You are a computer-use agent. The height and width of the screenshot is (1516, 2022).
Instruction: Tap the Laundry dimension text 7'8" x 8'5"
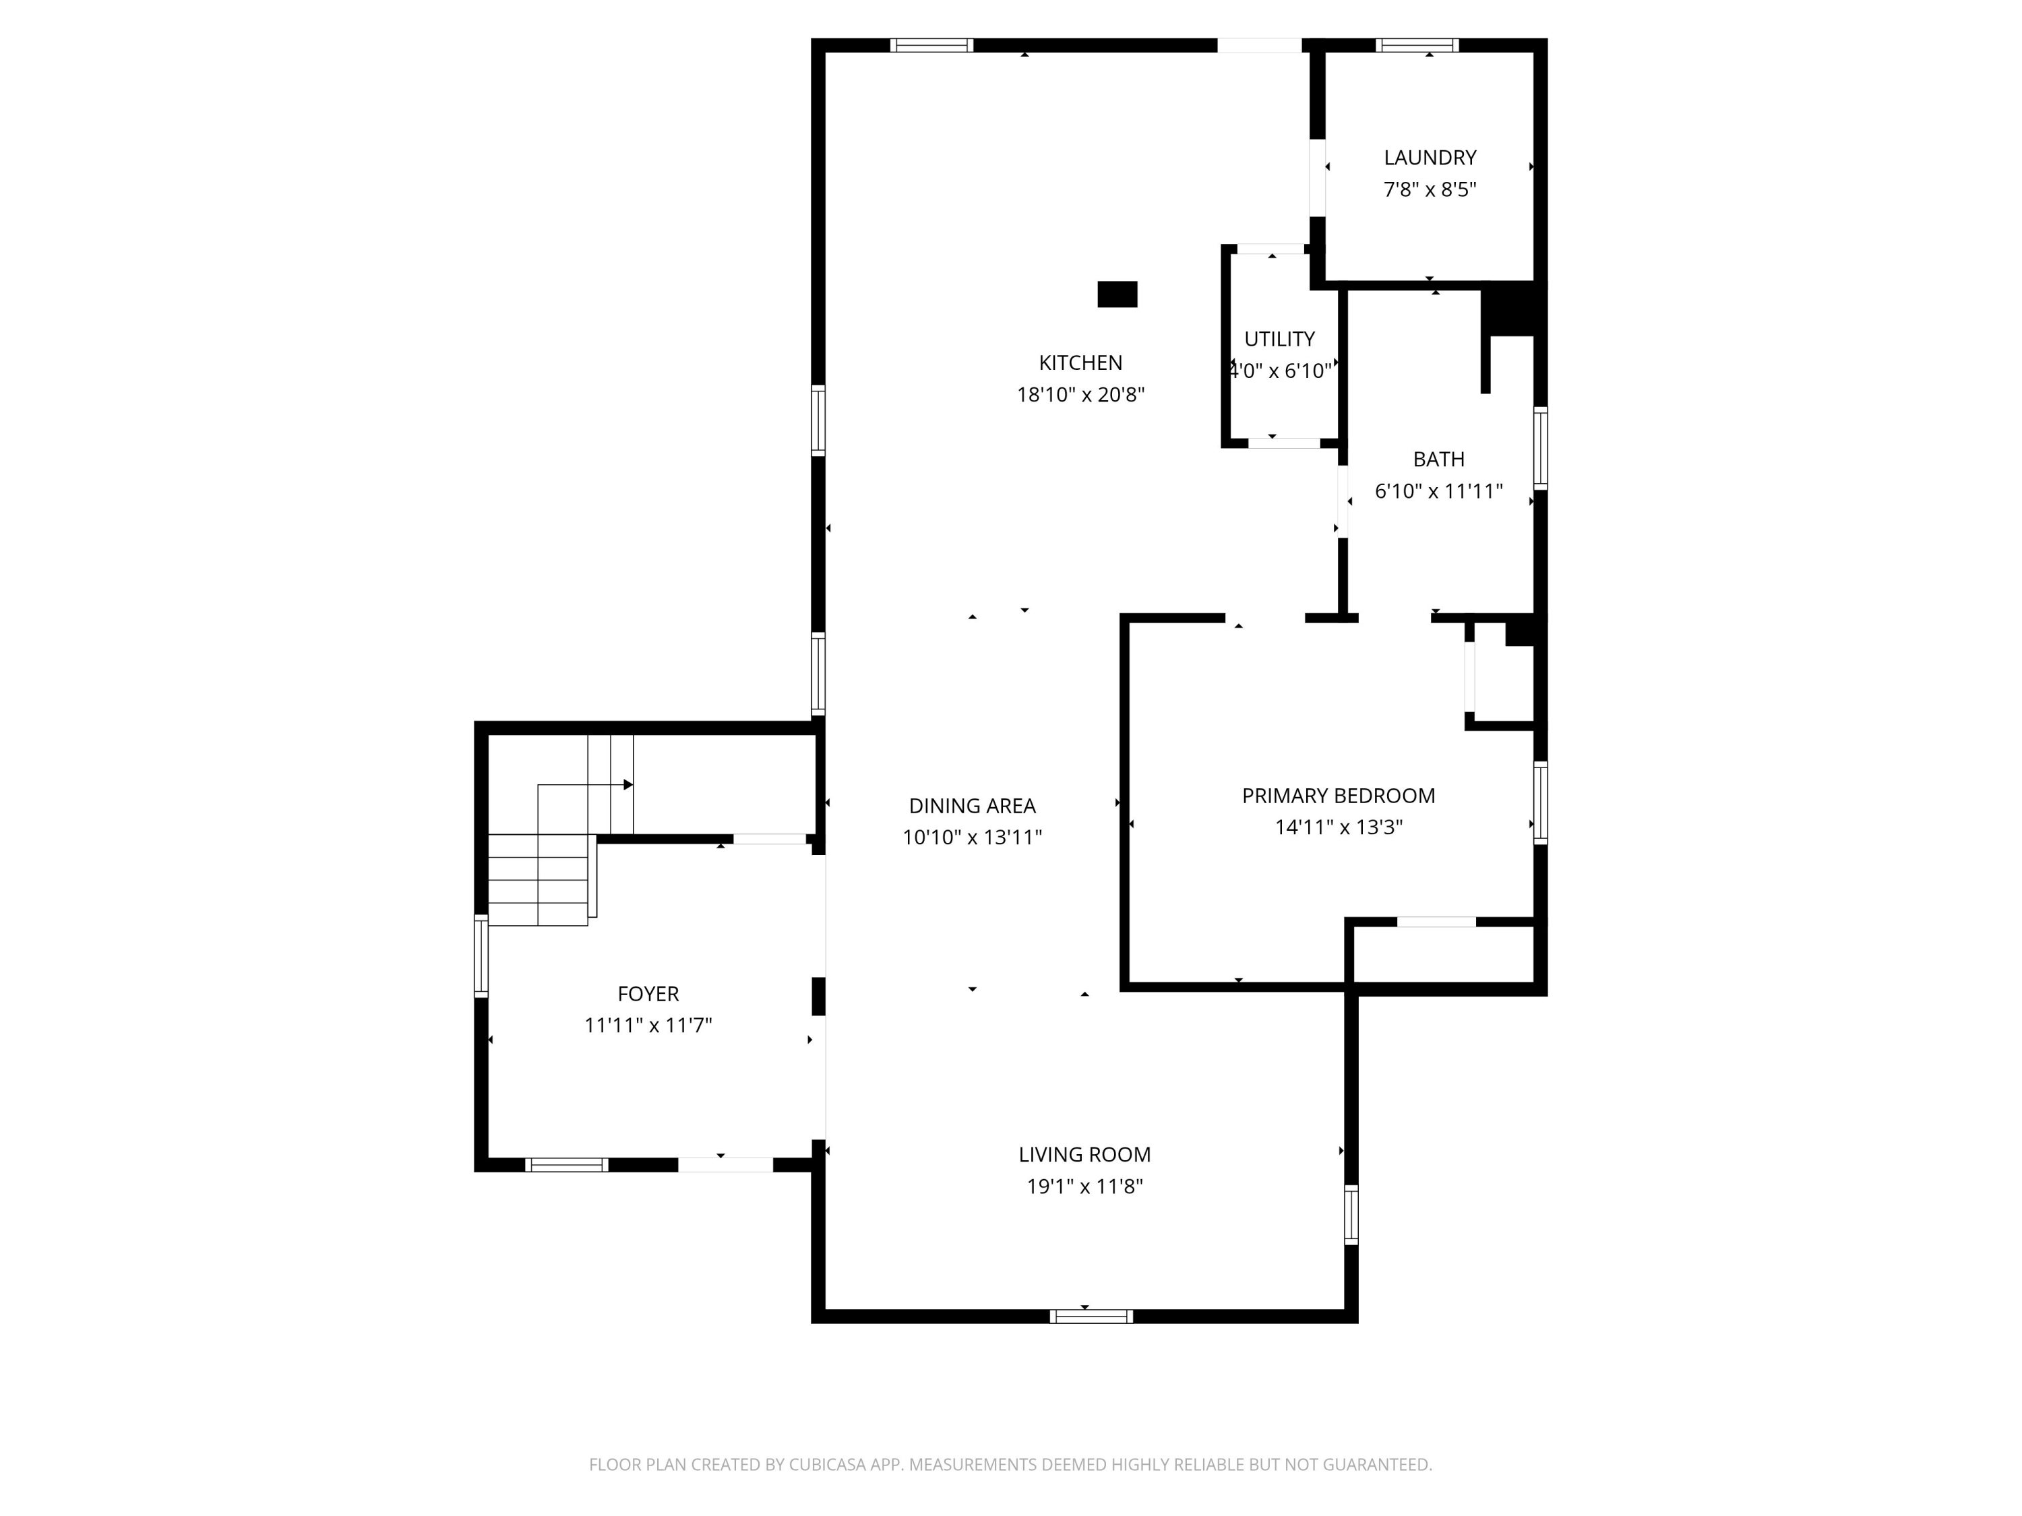click(x=1430, y=190)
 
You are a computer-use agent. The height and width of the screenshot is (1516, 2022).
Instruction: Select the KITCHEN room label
click(x=1080, y=362)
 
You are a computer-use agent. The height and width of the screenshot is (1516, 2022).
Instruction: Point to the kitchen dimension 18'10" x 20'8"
click(x=1080, y=395)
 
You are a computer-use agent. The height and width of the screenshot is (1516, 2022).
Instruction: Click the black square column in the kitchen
click(x=1117, y=294)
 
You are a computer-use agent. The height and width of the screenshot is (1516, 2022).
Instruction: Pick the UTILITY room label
click(x=1280, y=339)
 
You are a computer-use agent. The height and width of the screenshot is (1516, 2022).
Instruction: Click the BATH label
click(x=1439, y=460)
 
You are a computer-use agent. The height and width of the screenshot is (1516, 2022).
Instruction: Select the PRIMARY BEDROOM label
click(x=1339, y=796)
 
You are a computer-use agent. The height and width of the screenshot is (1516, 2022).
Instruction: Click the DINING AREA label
click(x=972, y=806)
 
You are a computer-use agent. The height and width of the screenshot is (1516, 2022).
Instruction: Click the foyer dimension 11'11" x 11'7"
click(x=648, y=1025)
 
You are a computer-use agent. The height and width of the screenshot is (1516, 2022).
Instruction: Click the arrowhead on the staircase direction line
click(x=628, y=785)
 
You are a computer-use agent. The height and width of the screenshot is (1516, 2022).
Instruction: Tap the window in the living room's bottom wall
click(x=1091, y=1317)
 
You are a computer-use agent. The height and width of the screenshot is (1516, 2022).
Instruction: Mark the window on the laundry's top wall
click(x=1417, y=44)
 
